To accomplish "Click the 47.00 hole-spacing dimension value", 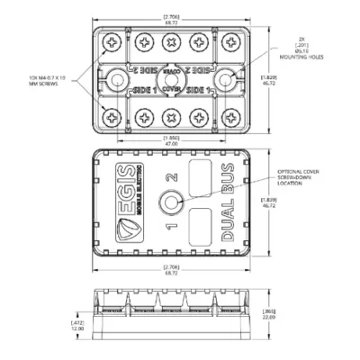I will coord(170,142).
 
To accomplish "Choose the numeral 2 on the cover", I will coord(169,176).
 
